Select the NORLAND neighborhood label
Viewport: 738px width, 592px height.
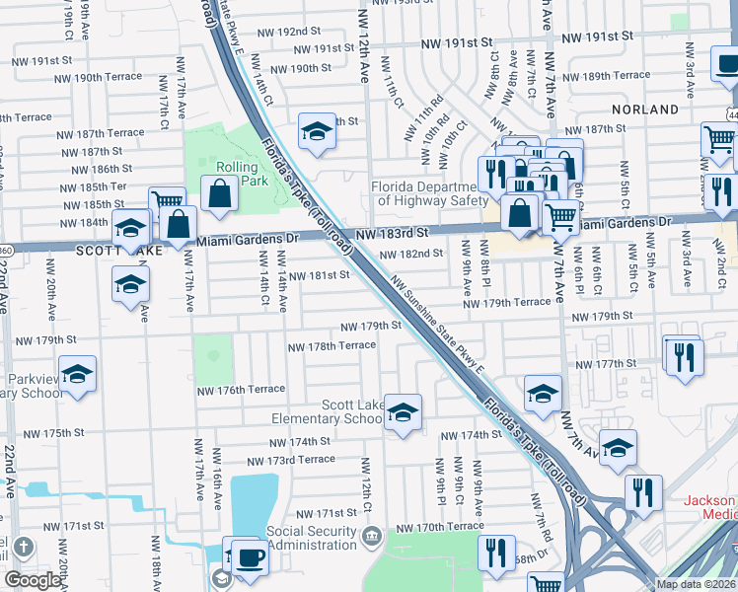click(x=644, y=110)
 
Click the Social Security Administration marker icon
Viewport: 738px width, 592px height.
click(x=371, y=538)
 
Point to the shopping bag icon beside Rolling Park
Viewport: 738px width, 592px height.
click(x=220, y=194)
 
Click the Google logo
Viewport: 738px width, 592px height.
click(x=33, y=579)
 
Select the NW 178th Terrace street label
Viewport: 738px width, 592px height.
click(x=332, y=345)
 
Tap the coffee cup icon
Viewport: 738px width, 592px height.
click(x=251, y=557)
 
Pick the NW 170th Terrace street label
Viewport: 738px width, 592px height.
click(x=440, y=528)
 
